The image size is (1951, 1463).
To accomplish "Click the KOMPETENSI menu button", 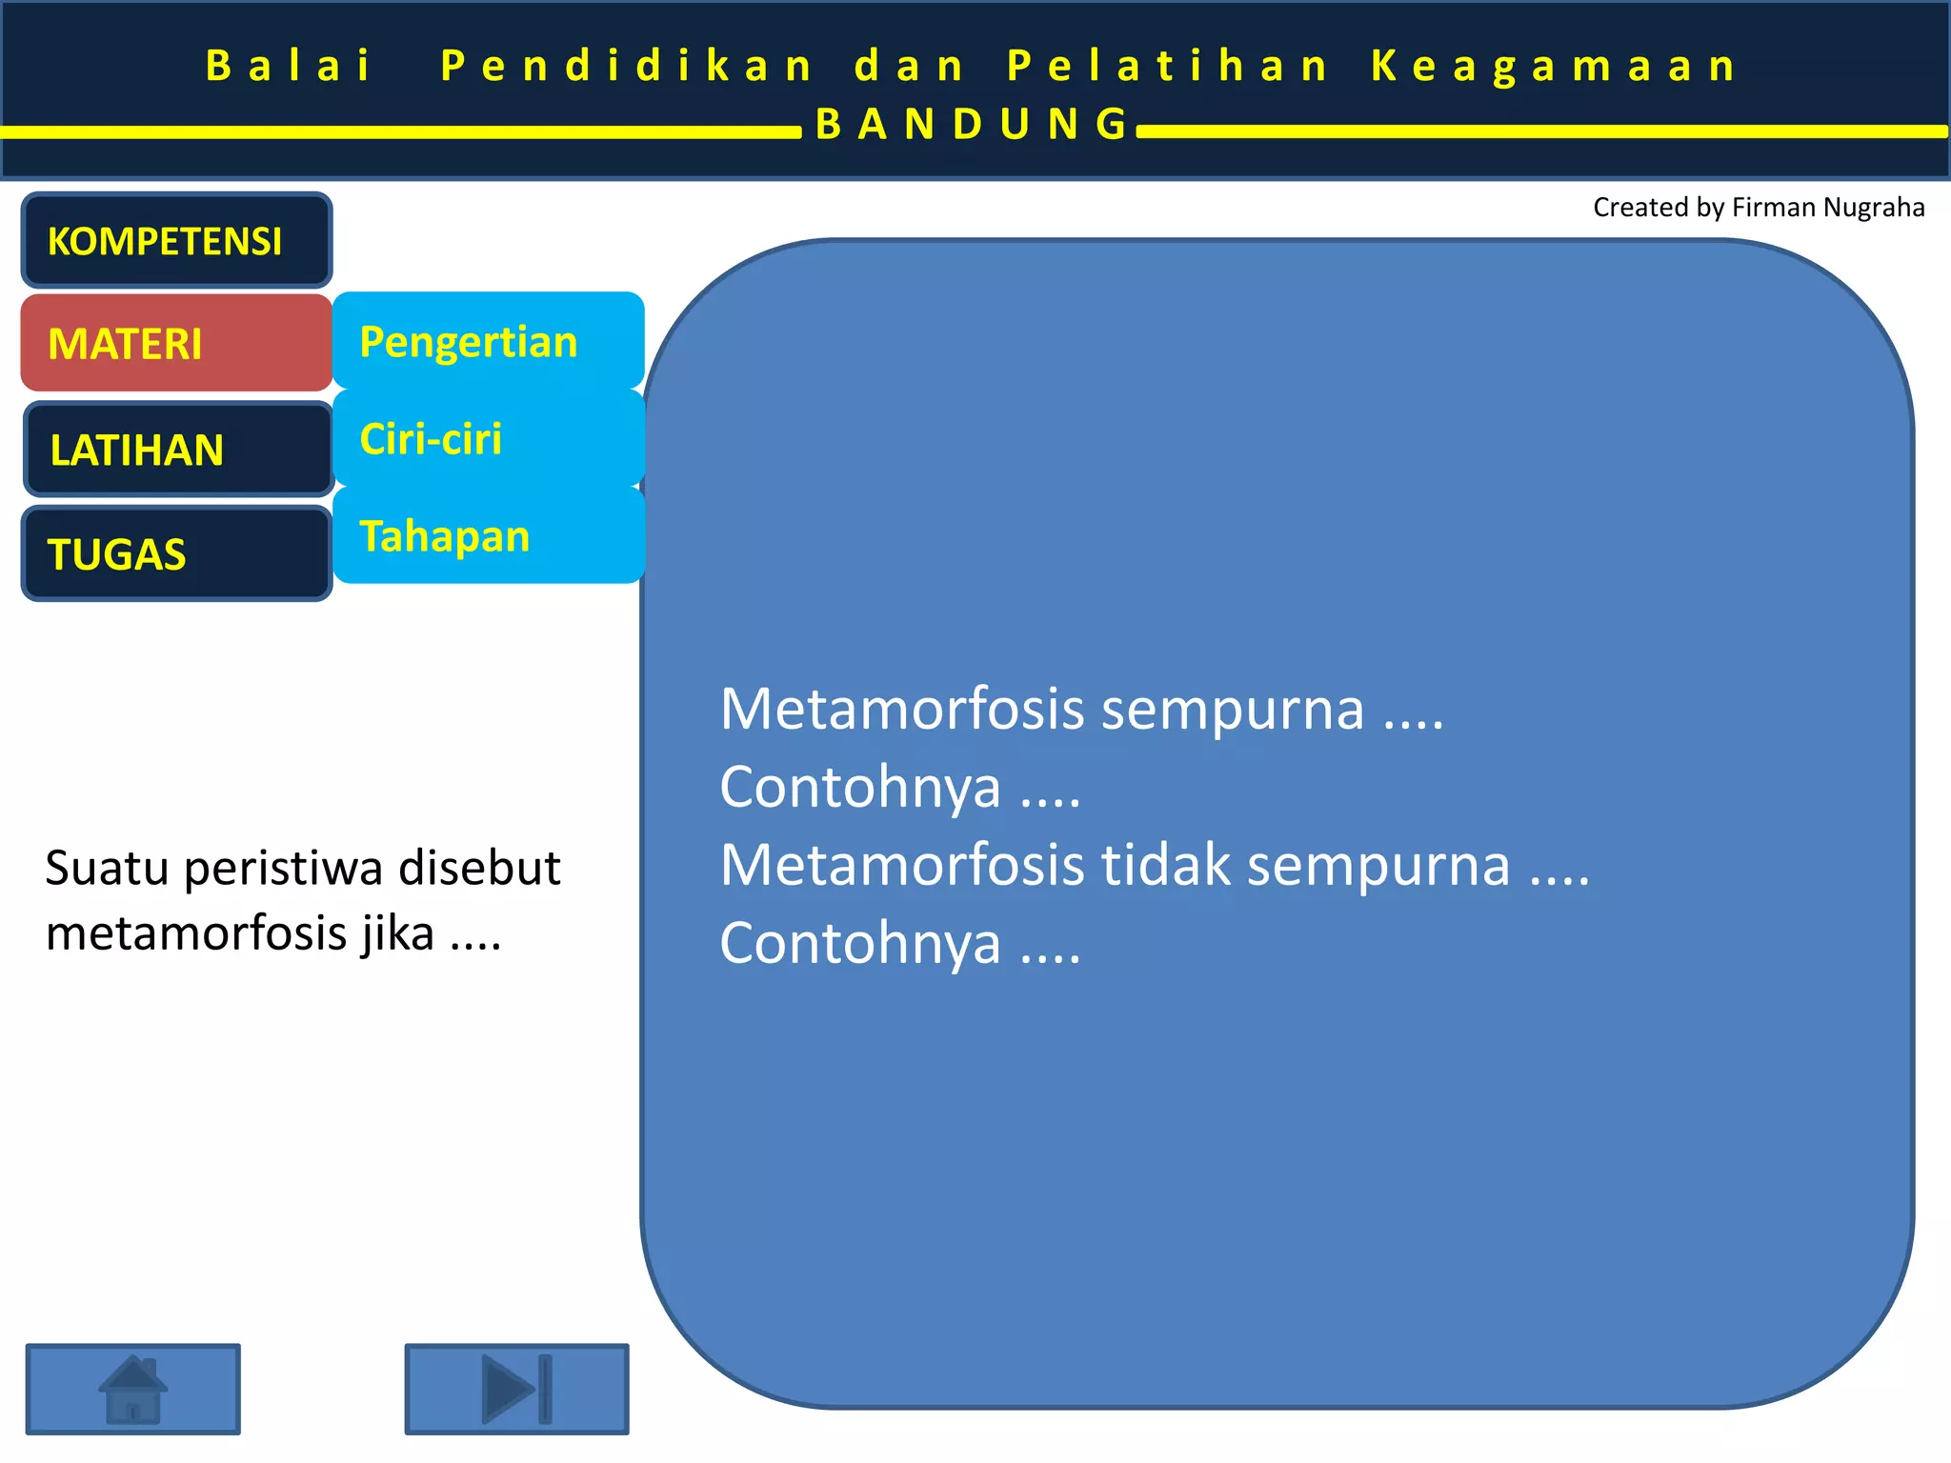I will tap(176, 240).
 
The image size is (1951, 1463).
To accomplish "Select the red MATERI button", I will tap(176, 343).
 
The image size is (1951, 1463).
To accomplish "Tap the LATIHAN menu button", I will tap(178, 450).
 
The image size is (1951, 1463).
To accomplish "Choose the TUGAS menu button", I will tap(176, 553).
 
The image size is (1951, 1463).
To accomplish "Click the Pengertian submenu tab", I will tap(488, 341).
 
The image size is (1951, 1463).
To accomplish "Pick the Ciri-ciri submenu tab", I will tap(488, 438).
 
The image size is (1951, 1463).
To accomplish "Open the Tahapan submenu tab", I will tap(488, 535).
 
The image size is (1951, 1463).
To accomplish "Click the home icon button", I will tap(132, 1389).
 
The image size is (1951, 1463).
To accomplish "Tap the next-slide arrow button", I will tap(516, 1389).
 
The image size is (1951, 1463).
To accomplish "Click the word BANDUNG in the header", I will tap(972, 124).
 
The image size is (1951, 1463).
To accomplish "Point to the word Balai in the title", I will tap(288, 66).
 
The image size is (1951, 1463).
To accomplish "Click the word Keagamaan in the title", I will tap(1555, 66).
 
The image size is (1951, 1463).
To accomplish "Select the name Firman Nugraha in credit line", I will tap(1827, 208).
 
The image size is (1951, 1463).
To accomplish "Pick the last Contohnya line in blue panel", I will tap(899, 943).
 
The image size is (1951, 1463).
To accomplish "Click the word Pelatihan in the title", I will tap(1167, 66).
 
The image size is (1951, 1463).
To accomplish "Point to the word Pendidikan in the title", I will tap(626, 66).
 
